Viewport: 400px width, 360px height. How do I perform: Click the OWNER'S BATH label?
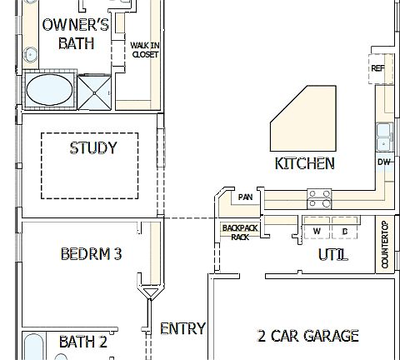(76, 34)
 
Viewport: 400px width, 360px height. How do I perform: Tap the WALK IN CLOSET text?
(145, 50)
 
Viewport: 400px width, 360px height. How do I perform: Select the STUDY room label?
(92, 148)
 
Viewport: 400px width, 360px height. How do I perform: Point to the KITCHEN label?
(305, 163)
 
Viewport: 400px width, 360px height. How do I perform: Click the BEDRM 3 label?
(92, 253)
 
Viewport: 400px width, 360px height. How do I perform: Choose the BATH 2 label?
(82, 342)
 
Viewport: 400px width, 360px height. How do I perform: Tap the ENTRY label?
(182, 328)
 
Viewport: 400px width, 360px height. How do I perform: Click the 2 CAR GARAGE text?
(308, 336)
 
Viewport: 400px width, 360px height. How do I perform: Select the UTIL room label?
(333, 254)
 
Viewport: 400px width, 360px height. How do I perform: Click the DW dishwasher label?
(384, 162)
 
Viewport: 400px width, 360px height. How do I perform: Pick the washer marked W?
(317, 231)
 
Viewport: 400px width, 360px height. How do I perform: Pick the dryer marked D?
(344, 231)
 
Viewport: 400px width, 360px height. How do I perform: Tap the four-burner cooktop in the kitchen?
(319, 198)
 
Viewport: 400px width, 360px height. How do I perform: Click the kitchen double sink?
(384, 136)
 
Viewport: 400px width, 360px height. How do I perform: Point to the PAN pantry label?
(245, 197)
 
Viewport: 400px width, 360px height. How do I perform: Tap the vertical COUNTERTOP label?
(385, 244)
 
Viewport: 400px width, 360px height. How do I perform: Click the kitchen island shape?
(302, 121)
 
